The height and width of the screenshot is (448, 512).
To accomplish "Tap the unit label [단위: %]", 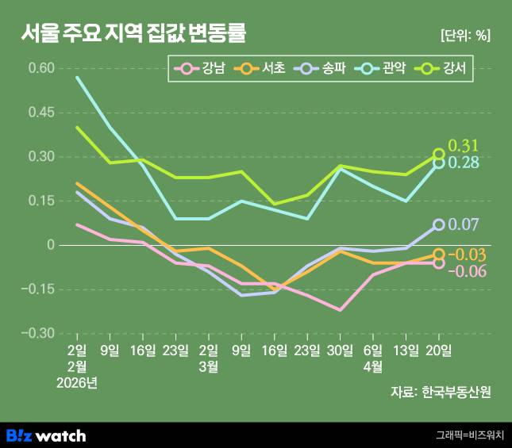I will pyautogui.click(x=464, y=36).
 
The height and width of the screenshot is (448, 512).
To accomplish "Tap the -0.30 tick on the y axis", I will pyautogui.click(x=40, y=333).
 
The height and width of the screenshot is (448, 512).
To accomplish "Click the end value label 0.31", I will pyautogui.click(x=464, y=146).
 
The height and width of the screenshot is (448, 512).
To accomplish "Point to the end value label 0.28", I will pyautogui.click(x=464, y=163).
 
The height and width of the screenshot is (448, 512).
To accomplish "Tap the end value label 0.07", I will pyautogui.click(x=464, y=225).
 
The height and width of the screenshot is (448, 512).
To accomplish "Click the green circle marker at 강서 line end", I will pyautogui.click(x=439, y=155).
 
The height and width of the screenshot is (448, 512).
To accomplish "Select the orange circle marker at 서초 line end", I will pyautogui.click(x=439, y=255).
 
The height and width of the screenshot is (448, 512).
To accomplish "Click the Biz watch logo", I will pyautogui.click(x=46, y=435).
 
